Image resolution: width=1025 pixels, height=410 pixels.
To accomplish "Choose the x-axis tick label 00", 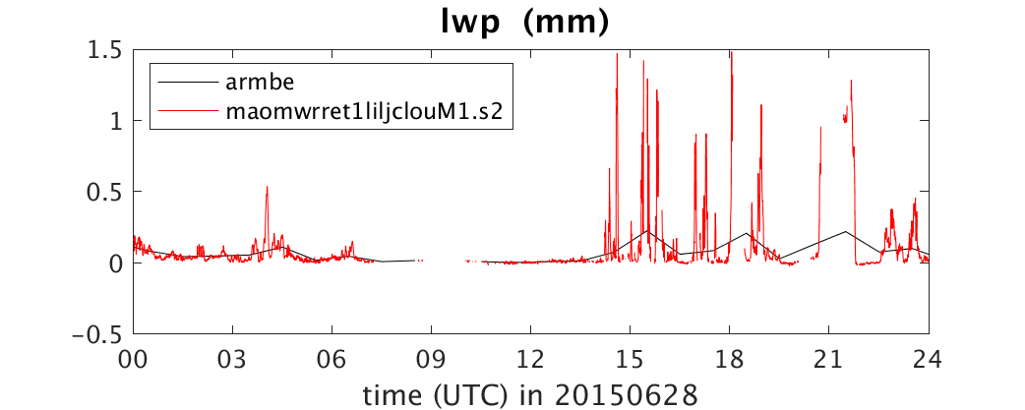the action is pos(134,360).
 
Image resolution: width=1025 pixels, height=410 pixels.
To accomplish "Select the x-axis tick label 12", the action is pos(531,360).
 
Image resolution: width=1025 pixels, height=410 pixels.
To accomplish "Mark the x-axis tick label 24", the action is pos(929,360).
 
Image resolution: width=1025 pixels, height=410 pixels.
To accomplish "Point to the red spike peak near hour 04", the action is pos(267,187).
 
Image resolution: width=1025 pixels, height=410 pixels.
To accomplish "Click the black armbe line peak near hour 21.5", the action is pos(846,231).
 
